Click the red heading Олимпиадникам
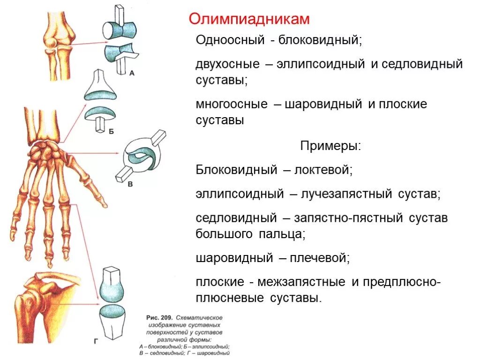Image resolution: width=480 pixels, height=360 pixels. [x=249, y=20]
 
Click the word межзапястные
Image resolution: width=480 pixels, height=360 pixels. [x=300, y=282]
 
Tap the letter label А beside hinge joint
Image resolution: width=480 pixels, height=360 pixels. [x=132, y=73]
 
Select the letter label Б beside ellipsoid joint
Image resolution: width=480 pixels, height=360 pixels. [x=111, y=132]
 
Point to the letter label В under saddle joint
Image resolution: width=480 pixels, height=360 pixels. [x=130, y=184]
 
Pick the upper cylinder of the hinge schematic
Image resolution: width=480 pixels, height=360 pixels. [x=119, y=30]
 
